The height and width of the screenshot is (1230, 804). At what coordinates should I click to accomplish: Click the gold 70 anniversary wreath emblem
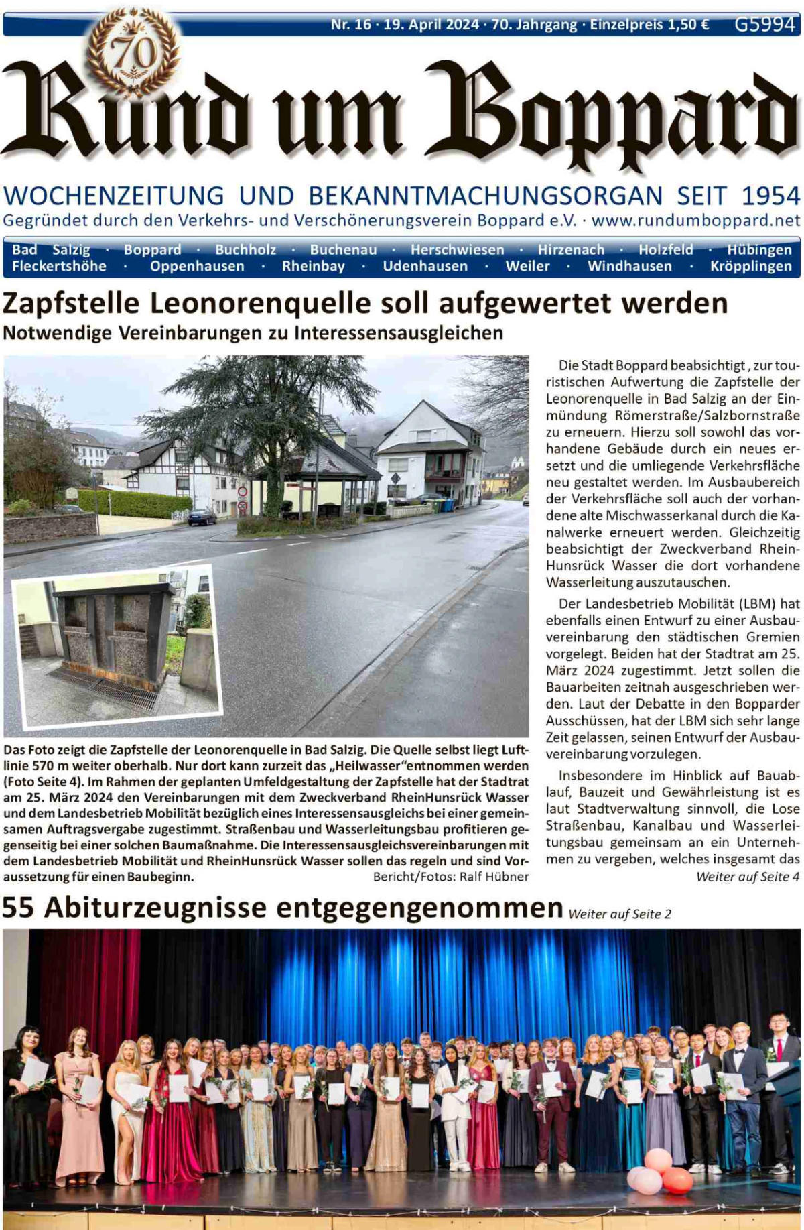pos(134,52)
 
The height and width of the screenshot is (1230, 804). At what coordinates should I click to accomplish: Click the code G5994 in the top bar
pos(764,24)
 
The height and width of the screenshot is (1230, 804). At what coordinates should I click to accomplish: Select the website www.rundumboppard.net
pos(695,220)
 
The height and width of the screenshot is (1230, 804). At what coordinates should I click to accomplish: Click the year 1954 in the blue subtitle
pos(770,196)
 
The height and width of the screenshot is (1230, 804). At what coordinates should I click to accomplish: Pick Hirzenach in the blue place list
pos(571,249)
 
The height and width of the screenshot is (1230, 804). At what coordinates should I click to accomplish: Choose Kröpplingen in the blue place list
pos(750,266)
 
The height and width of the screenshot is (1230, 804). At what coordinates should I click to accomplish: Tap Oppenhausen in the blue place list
pos(197,266)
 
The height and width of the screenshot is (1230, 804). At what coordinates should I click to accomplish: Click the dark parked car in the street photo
pos(202,517)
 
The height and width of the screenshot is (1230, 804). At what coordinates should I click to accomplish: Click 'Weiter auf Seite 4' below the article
pos(748,877)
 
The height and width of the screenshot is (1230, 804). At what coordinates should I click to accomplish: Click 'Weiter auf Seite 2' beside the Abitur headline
pos(619,914)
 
